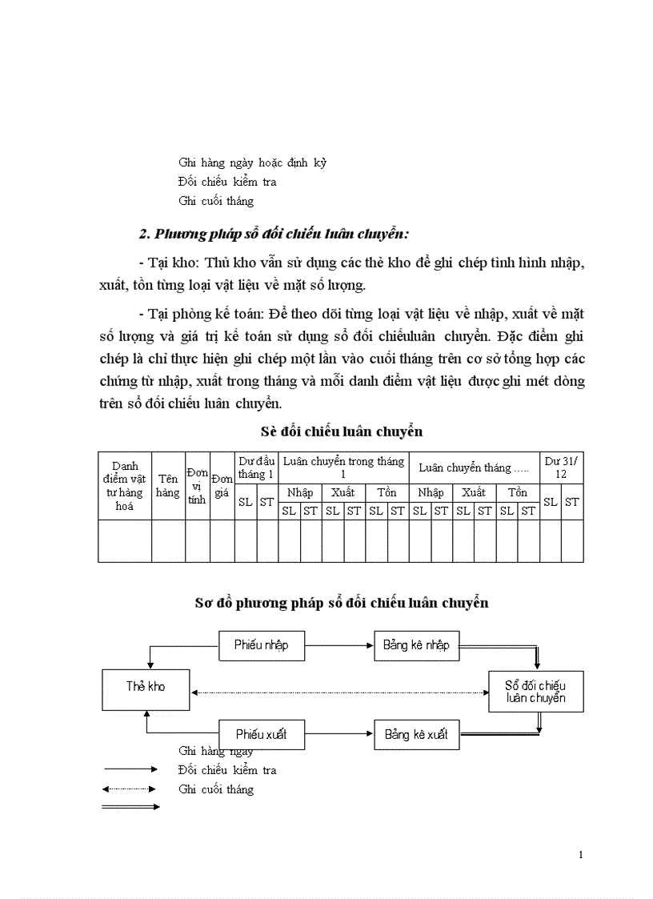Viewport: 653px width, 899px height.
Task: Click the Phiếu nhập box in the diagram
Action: pos(262,644)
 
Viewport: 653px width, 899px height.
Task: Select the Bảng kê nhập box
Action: pos(416,644)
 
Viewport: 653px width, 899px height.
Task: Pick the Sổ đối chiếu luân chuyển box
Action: pos(535,692)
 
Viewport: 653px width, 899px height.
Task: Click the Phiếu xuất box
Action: pos(262,734)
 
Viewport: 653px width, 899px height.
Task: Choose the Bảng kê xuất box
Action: pos(416,734)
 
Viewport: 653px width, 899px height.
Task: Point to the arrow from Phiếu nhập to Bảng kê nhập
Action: pos(339,644)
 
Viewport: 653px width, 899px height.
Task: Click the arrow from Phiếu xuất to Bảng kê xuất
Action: pos(339,734)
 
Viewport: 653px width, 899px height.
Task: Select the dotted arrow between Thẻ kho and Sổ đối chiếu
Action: pos(339,692)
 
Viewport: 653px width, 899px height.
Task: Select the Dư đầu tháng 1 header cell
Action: pos(256,468)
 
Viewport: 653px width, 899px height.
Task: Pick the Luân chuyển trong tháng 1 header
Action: pos(343,468)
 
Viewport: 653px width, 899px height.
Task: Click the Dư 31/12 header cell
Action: pos(561,468)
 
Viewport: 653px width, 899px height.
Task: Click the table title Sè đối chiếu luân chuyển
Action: pos(342,431)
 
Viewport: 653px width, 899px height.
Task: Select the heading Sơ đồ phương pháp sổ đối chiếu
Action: pos(342,603)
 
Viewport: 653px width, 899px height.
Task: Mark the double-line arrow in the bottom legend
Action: pos(130,807)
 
